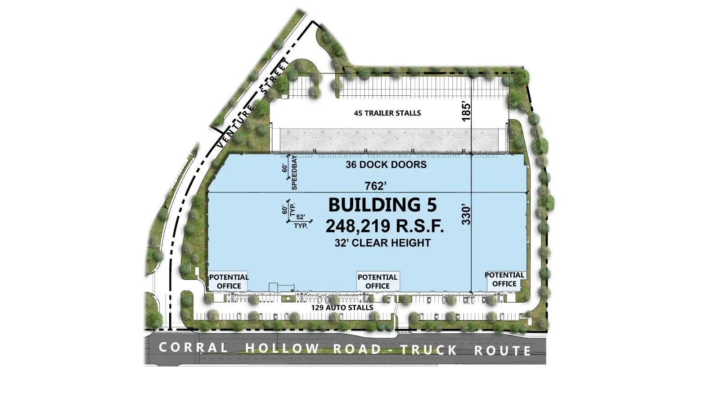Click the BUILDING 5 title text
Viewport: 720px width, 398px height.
tap(382, 205)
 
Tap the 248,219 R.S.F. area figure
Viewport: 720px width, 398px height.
tap(385, 226)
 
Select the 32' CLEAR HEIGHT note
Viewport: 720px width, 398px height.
tap(382, 243)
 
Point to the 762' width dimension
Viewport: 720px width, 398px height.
tap(375, 186)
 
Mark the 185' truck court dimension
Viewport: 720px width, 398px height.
tap(466, 112)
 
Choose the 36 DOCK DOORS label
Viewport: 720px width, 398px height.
tap(386, 165)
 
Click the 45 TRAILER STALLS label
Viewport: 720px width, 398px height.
tap(387, 113)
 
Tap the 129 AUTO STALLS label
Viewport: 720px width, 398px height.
tap(342, 308)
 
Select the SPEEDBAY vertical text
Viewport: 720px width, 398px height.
tap(294, 173)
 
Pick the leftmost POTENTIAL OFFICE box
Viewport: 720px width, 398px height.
tap(229, 282)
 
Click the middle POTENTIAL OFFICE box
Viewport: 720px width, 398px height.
tap(378, 282)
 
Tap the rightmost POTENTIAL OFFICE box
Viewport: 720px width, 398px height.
tap(504, 279)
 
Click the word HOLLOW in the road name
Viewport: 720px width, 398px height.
tap(282, 348)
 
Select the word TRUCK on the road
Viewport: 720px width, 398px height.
tap(428, 349)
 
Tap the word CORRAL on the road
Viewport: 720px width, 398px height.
tap(193, 347)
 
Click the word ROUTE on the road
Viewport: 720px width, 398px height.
tap(503, 350)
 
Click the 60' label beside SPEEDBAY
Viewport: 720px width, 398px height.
tap(285, 168)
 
